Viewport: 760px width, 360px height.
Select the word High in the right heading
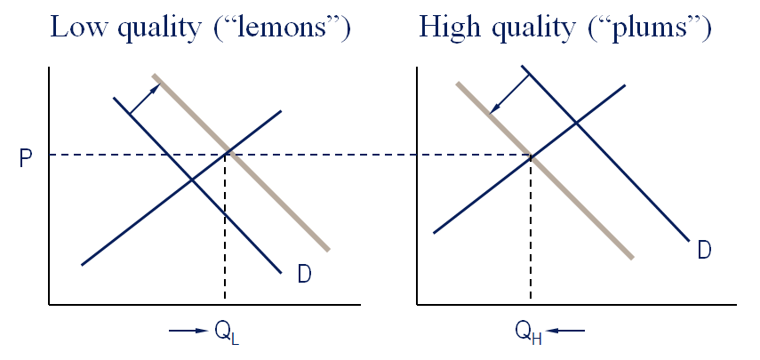[450, 28]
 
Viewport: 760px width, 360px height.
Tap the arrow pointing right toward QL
[187, 332]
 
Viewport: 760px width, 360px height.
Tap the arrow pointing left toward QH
[566, 332]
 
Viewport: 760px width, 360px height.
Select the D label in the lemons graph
[304, 275]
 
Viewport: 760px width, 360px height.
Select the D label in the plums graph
[704, 251]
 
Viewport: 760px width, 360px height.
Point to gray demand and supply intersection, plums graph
[531, 156]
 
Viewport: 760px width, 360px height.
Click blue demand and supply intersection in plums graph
[578, 121]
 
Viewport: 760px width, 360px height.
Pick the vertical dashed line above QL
[225, 231]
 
